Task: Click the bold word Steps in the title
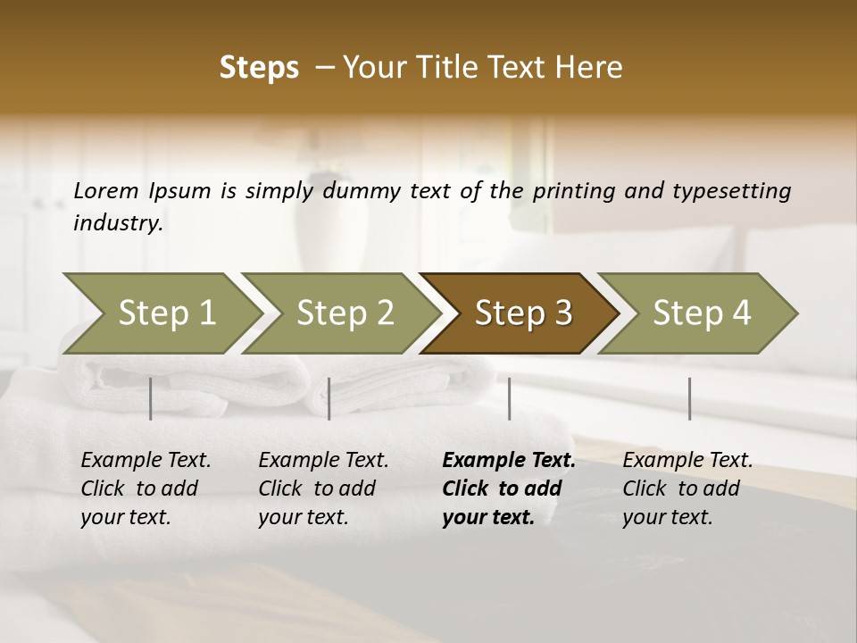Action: (x=259, y=68)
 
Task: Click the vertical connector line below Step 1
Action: (x=151, y=398)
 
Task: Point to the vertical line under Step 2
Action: (x=329, y=398)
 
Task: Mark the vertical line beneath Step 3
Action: (x=510, y=398)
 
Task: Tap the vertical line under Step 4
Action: (x=689, y=398)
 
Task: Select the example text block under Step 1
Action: (x=145, y=489)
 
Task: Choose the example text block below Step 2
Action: (x=322, y=489)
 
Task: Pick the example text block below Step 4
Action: (x=686, y=489)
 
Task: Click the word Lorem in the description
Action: (x=105, y=190)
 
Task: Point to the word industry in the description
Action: (x=118, y=223)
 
